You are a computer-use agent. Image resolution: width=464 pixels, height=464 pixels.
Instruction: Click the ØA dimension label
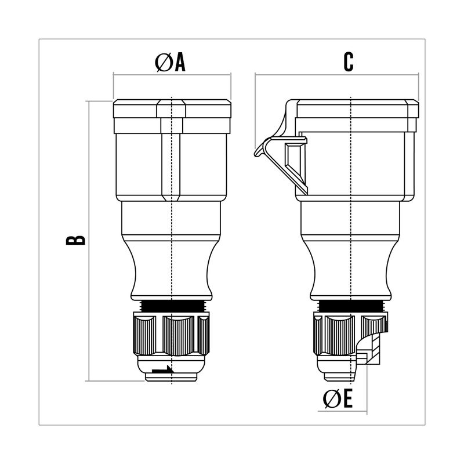pos(170,63)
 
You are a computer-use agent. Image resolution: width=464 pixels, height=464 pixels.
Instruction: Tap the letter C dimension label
pos(349,62)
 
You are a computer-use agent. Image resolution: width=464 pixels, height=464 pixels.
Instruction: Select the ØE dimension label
pos(338,398)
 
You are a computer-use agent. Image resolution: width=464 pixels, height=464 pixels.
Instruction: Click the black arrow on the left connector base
pos(163,370)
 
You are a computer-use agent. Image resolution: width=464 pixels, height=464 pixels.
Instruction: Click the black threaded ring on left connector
pos(172,306)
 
